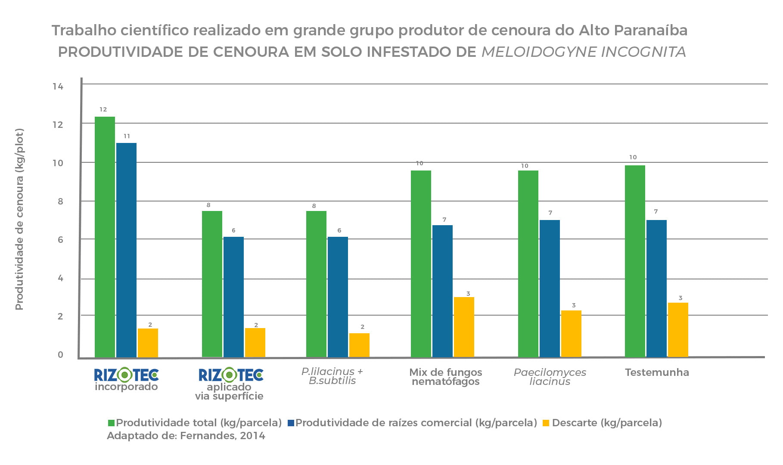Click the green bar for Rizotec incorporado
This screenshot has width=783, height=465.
(x=105, y=237)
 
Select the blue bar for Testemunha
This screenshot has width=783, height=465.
(x=656, y=288)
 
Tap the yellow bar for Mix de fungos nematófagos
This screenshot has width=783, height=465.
(x=464, y=327)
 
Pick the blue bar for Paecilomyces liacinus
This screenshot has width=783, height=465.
(x=550, y=288)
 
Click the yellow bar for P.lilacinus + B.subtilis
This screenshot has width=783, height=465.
(x=359, y=345)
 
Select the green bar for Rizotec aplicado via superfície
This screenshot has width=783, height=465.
(x=212, y=284)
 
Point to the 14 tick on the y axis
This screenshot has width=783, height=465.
(x=58, y=87)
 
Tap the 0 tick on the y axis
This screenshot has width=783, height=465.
(x=60, y=355)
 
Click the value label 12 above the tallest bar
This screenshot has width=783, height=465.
(x=103, y=109)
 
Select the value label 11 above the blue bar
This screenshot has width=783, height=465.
(x=127, y=136)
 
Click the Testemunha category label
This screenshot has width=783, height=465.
(x=657, y=372)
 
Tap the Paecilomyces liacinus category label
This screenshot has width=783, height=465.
(x=550, y=377)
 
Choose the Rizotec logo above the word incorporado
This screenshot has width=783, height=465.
(x=126, y=375)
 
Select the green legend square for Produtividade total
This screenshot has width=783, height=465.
(x=111, y=423)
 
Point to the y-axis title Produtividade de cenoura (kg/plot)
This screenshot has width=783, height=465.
(x=19, y=219)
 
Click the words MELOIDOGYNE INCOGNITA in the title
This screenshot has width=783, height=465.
(x=584, y=52)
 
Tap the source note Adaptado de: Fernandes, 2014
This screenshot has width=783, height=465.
(x=186, y=436)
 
